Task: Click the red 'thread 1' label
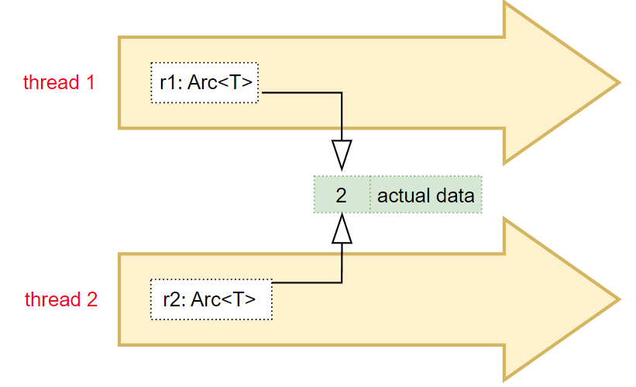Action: pos(59,82)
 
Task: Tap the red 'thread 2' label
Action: pos(61,299)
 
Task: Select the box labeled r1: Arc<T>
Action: pos(205,83)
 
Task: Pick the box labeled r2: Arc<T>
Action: pos(211,299)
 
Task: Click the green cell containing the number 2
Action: pos(342,195)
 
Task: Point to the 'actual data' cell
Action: pos(426,195)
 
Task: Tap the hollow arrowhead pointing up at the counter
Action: pos(342,229)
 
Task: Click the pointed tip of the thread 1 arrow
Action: pos(621,83)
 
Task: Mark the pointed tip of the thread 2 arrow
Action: pos(621,299)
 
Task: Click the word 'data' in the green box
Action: pos(455,195)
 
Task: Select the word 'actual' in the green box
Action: pos(404,195)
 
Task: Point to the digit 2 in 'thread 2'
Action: pos(92,299)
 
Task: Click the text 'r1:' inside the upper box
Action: pos(171,83)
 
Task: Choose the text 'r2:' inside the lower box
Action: pos(175,299)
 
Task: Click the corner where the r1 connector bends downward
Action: pos(342,92)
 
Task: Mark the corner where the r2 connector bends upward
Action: pos(342,282)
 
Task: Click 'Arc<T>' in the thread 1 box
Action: pos(220,83)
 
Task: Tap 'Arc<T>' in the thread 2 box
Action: pos(224,299)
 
